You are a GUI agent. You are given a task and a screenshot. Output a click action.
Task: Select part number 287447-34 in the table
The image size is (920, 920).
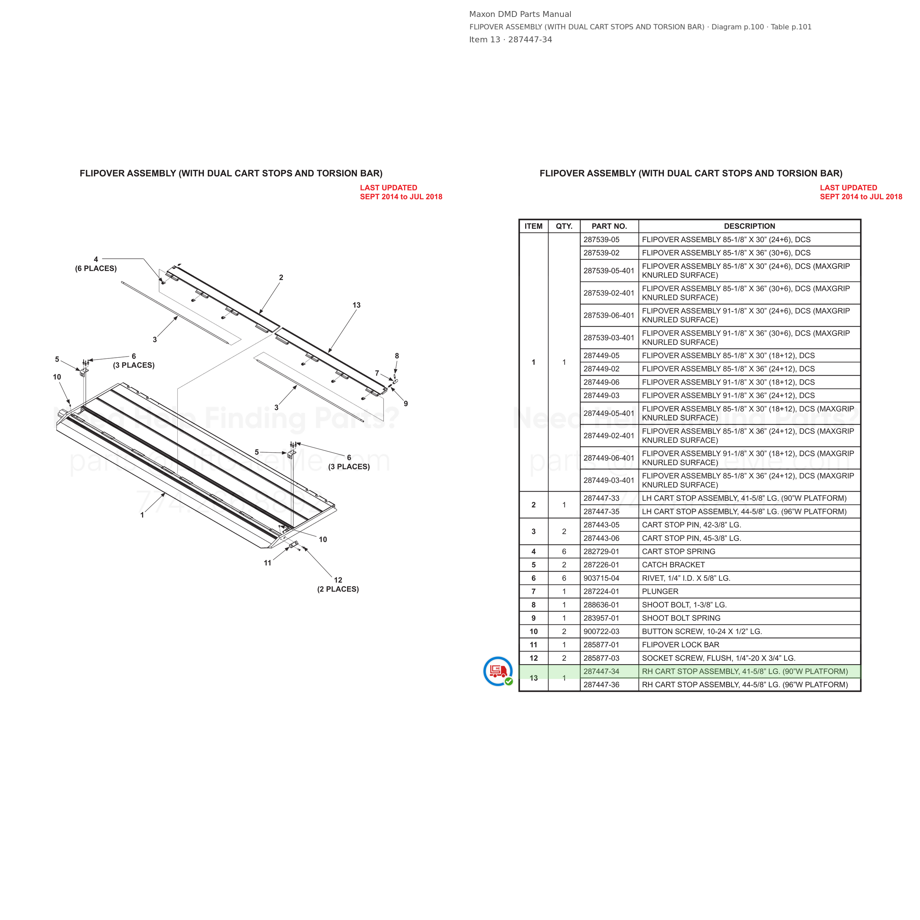point(601,672)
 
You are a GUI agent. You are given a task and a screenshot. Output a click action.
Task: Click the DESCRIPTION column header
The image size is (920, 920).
point(750,226)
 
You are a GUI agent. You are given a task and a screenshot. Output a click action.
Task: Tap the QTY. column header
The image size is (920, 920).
point(564,226)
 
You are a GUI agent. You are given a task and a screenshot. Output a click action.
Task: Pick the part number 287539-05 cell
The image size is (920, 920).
point(601,240)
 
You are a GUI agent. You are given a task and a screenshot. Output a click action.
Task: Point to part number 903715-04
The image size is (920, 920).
point(601,578)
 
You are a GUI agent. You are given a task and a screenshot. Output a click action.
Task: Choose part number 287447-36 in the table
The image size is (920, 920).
point(601,685)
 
